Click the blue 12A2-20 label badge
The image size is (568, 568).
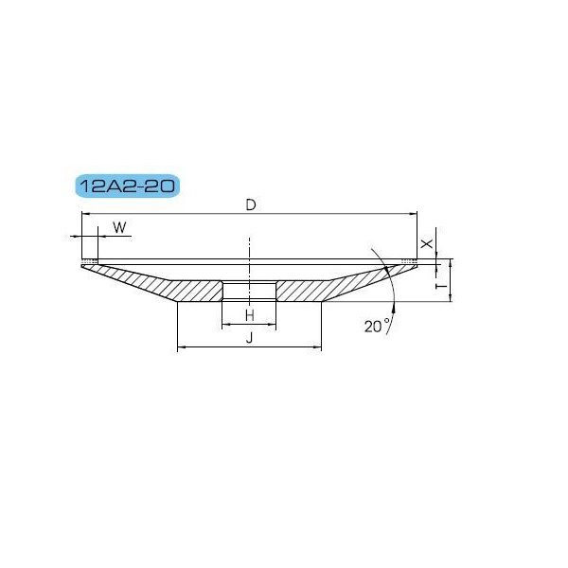click(x=128, y=186)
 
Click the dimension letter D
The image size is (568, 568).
click(x=251, y=205)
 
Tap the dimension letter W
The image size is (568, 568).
click(x=119, y=227)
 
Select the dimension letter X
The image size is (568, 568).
click(x=427, y=243)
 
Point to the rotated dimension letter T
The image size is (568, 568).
click(x=442, y=286)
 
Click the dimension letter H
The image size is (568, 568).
click(x=250, y=315)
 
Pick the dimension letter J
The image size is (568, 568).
click(x=249, y=338)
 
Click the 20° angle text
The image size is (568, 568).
click(x=377, y=327)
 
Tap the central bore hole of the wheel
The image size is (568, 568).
click(x=249, y=291)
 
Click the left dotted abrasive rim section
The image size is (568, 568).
click(x=90, y=261)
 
